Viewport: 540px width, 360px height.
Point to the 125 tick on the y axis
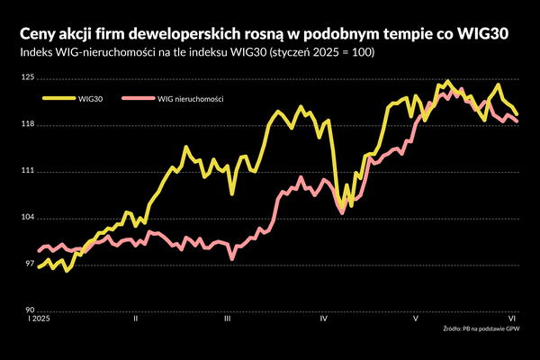click(x=29, y=78)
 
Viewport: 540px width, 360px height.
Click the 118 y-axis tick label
click(x=29, y=125)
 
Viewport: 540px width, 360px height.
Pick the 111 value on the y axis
click(x=29, y=171)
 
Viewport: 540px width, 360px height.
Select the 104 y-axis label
click(x=29, y=218)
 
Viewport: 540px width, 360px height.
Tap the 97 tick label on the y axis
click(x=30, y=264)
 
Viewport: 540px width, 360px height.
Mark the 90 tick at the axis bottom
click(x=30, y=310)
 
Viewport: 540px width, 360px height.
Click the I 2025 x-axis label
click(x=40, y=319)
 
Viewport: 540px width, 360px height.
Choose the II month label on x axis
click(x=134, y=319)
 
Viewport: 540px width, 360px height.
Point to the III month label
click(x=228, y=319)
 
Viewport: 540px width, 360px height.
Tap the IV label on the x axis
click(x=322, y=319)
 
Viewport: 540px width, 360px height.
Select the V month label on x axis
click(x=415, y=319)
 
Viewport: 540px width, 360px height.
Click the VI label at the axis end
click(x=511, y=319)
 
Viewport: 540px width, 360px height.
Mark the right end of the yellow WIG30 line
click(x=517, y=114)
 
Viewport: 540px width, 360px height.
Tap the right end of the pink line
click(x=517, y=121)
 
